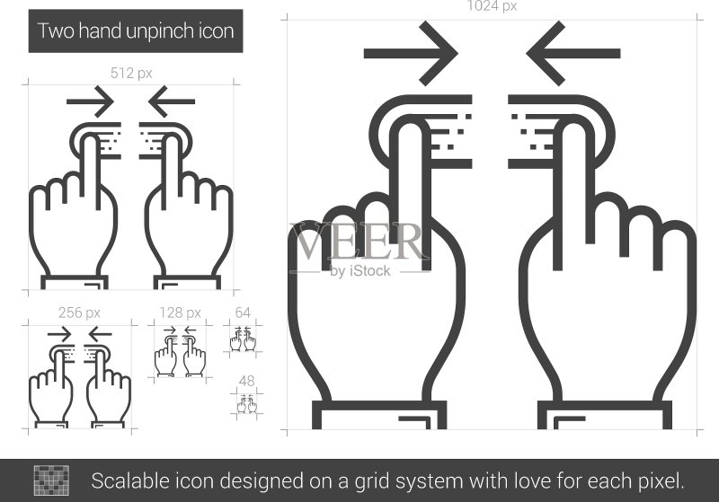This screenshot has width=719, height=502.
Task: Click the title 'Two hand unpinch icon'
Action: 136,31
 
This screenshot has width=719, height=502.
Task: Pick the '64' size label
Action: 243,313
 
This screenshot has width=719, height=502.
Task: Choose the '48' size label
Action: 246,381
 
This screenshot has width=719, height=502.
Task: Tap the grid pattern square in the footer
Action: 51,480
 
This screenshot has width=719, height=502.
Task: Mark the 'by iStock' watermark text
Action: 360,271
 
